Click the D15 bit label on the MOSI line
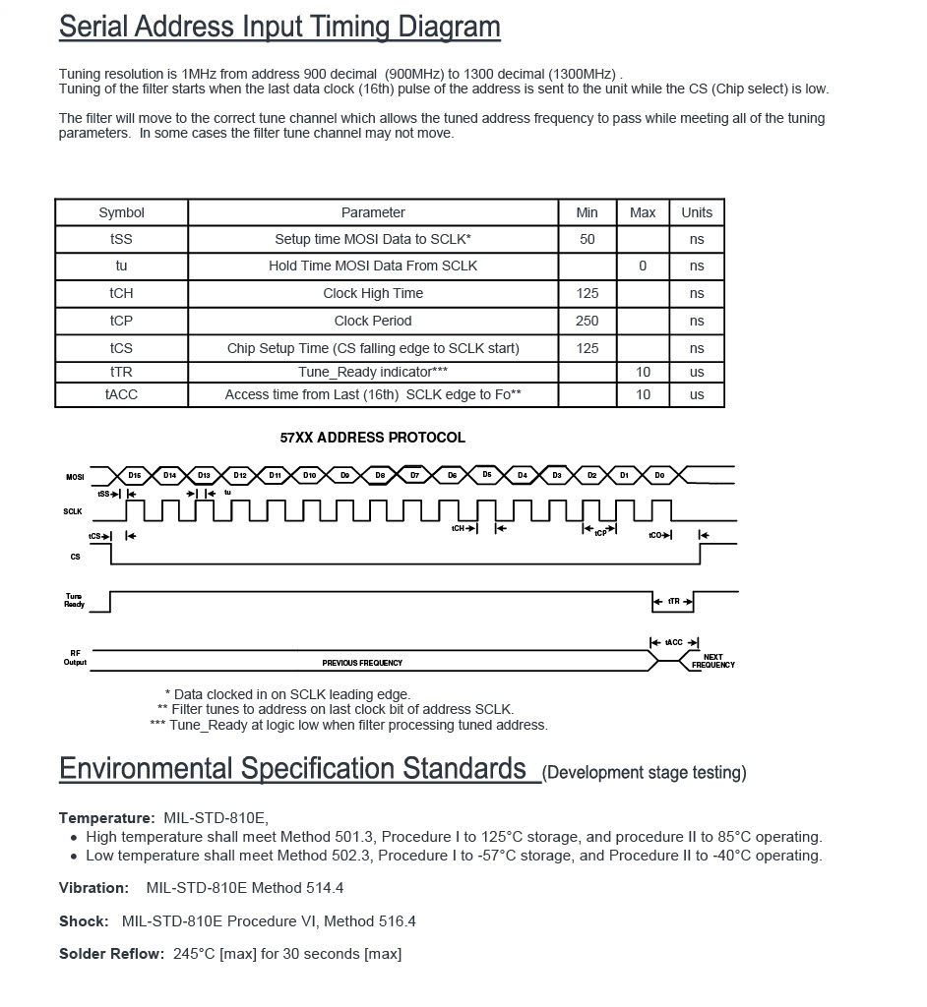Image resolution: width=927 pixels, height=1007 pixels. tap(135, 475)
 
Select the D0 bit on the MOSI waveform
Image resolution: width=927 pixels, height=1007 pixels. tap(659, 475)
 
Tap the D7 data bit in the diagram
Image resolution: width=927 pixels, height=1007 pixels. tap(414, 475)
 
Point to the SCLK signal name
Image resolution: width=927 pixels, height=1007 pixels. tap(73, 511)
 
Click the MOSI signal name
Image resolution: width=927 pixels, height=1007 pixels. tap(75, 477)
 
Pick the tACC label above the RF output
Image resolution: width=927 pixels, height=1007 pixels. tap(673, 642)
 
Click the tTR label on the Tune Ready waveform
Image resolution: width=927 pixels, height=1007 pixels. tap(673, 601)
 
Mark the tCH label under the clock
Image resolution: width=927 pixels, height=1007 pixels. tap(458, 528)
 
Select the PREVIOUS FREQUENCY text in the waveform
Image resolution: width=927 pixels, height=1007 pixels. tap(362, 663)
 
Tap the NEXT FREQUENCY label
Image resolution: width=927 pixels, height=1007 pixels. tap(713, 661)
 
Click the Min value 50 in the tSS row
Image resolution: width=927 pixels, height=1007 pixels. tap(587, 239)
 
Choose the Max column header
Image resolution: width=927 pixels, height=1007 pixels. tap(643, 212)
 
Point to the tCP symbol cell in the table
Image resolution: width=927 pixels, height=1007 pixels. tap(121, 321)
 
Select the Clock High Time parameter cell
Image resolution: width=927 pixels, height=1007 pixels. tap(373, 293)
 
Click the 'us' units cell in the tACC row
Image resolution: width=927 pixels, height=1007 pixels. tap(697, 394)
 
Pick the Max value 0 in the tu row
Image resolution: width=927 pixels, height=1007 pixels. tap(643, 266)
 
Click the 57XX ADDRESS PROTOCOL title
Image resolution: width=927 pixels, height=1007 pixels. tap(373, 438)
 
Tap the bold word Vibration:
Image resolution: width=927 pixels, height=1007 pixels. tap(93, 888)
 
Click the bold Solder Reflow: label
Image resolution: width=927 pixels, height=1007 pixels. tap(111, 954)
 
